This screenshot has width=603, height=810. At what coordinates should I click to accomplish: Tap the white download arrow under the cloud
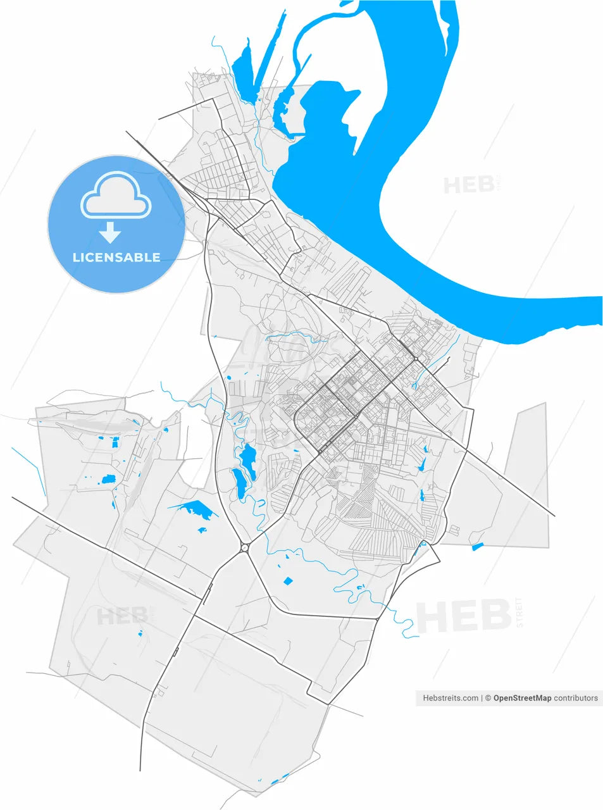[x=110, y=233]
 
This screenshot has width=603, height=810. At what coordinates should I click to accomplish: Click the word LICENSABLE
[x=116, y=257]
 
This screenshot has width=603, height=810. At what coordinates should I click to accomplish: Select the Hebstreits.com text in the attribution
[x=451, y=698]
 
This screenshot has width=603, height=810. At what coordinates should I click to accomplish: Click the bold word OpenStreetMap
[x=522, y=698]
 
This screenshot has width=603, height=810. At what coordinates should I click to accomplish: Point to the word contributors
[x=576, y=698]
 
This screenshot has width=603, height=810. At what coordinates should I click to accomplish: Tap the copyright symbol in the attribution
[x=488, y=698]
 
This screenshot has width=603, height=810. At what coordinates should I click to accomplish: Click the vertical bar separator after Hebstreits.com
[x=482, y=698]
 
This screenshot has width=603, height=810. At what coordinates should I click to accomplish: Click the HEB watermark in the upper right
[x=468, y=185]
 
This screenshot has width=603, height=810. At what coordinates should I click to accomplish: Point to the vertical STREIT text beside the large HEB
[x=520, y=612]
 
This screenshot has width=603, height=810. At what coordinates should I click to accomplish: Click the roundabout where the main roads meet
[x=244, y=547]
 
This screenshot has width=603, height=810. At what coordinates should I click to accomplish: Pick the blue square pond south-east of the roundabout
[x=288, y=581]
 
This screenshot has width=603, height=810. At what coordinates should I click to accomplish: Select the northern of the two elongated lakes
[x=247, y=454]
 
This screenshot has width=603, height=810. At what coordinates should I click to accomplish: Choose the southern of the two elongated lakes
[x=240, y=482]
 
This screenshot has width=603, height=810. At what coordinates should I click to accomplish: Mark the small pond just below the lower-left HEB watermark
[x=140, y=632]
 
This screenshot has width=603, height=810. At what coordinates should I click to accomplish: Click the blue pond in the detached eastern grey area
[x=477, y=547]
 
